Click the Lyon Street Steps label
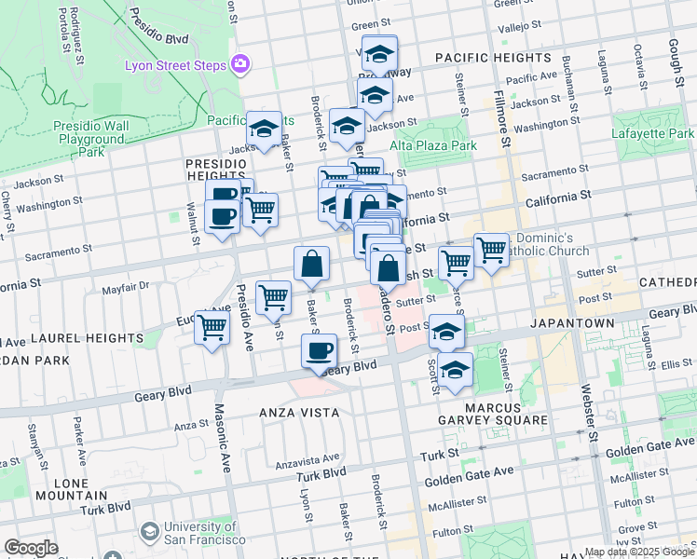click(175, 65)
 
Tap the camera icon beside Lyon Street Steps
click(240, 62)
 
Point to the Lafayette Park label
click(652, 134)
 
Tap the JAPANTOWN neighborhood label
click(573, 323)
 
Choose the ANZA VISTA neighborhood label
click(299, 412)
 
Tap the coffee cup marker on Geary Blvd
click(319, 351)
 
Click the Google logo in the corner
click(31, 548)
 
